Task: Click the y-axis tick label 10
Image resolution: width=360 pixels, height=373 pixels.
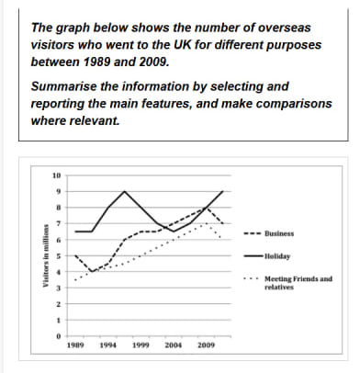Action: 57,175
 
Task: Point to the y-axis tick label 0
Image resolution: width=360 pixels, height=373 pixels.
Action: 59,336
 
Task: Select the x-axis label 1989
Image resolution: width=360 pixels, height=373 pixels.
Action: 77,346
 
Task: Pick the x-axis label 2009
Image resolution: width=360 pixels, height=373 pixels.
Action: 206,346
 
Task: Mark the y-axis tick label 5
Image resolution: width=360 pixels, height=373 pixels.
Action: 59,256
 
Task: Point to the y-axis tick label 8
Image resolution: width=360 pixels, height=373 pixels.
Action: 59,208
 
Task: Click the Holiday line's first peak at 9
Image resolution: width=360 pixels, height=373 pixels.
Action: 125,192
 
